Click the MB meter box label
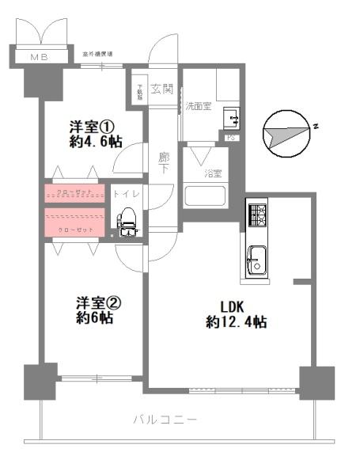point(38,58)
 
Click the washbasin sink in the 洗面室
point(233,118)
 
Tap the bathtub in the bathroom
point(205,196)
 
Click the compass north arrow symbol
point(284,132)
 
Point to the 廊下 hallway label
point(163,163)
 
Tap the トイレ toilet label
point(126,193)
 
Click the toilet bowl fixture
point(127,221)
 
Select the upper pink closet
point(74,192)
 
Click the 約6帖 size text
point(96,318)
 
